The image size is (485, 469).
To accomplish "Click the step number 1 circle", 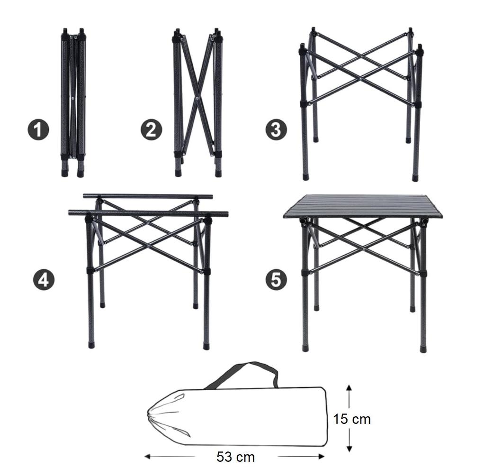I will pyautogui.click(x=38, y=130).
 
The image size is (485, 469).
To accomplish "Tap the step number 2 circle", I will pyautogui.click(x=151, y=130).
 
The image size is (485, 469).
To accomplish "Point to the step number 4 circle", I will pyautogui.click(x=44, y=279).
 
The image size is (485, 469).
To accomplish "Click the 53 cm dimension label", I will pyautogui.click(x=235, y=457).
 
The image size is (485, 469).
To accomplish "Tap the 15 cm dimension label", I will pyautogui.click(x=351, y=419).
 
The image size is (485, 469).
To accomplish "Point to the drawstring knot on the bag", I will pyautogui.click(x=151, y=416).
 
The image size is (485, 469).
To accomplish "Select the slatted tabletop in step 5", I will pyautogui.click(x=362, y=206).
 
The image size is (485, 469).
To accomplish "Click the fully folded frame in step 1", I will pyautogui.click(x=73, y=102).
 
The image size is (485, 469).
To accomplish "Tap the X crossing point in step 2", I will pyautogui.click(x=198, y=98).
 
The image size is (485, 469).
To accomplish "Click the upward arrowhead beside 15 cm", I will pyautogui.click(x=349, y=388).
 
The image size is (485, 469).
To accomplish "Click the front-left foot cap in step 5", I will pyautogui.click(x=305, y=349).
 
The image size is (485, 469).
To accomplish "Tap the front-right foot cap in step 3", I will pyautogui.click(x=415, y=178).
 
